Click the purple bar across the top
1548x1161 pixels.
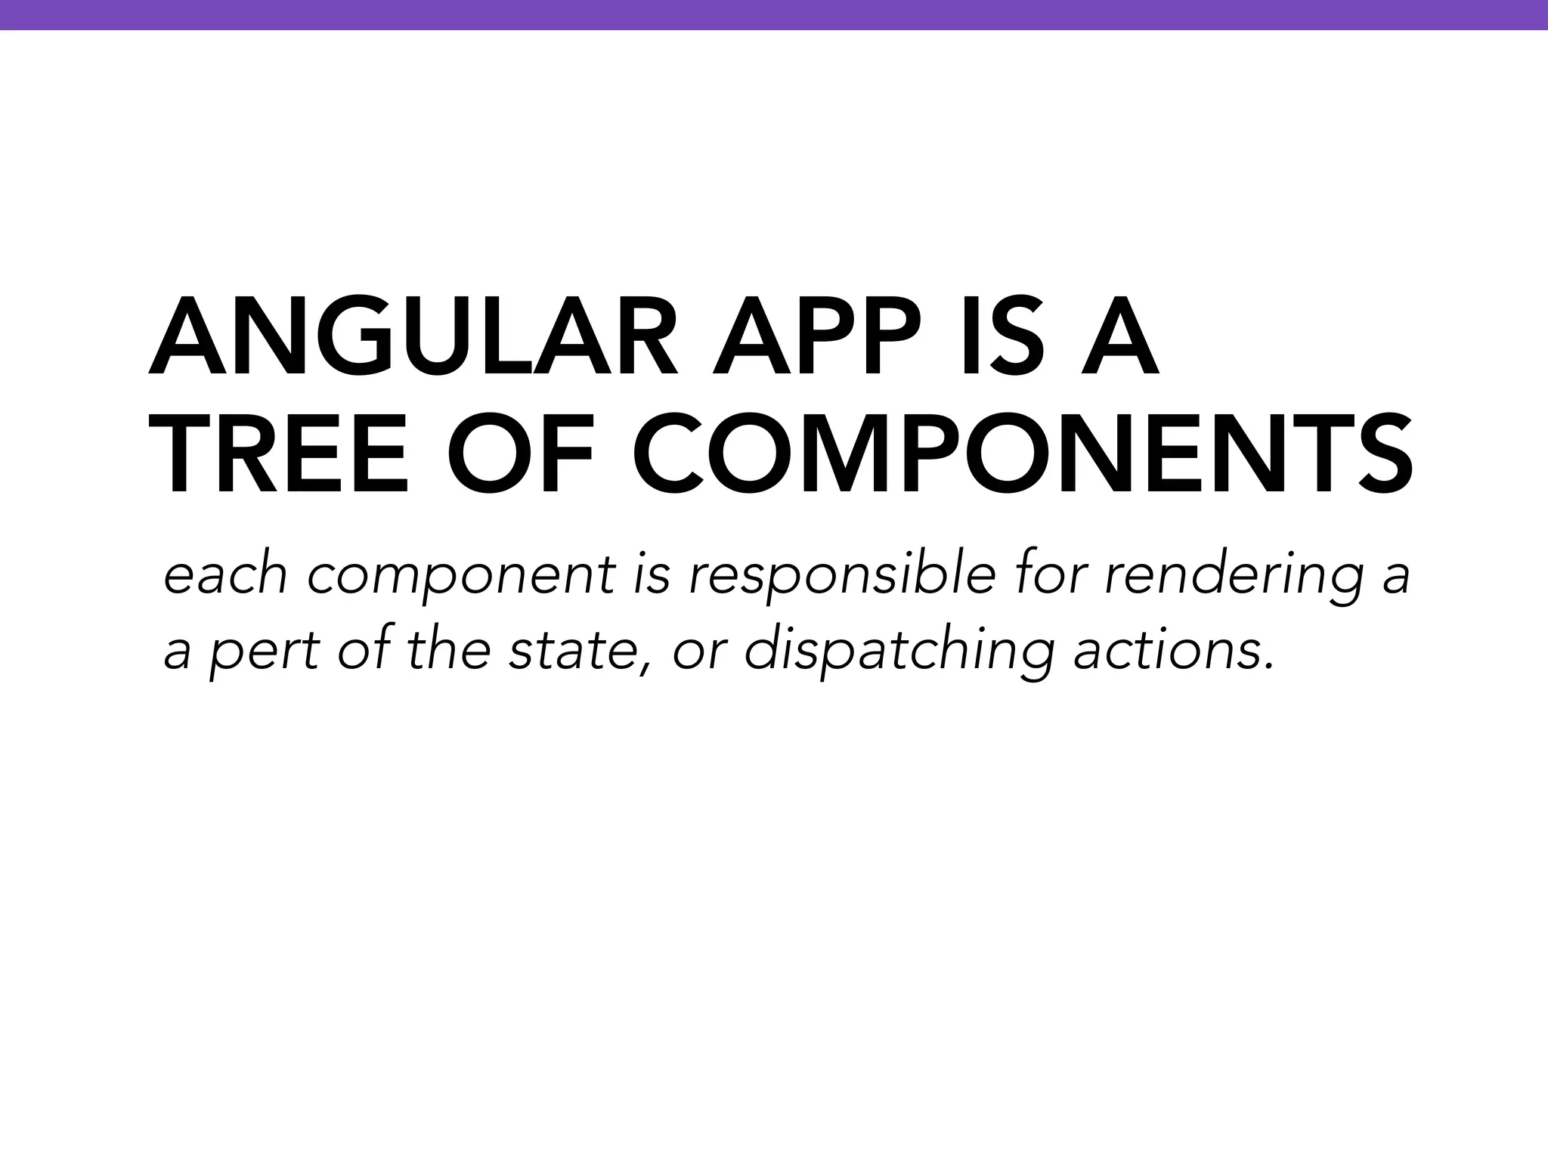[x=774, y=14]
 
